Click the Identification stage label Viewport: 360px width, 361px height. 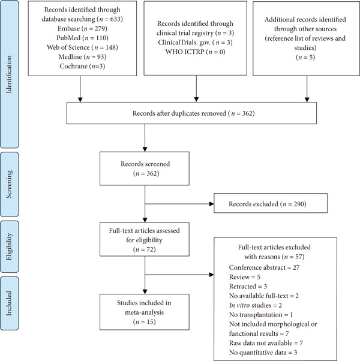tap(9, 74)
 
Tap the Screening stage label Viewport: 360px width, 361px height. tap(9, 184)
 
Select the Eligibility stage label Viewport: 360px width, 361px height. tap(9, 246)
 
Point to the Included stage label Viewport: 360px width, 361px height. tap(9, 303)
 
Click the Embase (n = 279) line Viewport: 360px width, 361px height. tap(82, 28)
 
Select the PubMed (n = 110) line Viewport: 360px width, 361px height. tap(82, 38)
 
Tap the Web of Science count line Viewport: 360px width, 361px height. tap(82, 47)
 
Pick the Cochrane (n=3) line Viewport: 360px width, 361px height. tap(82, 66)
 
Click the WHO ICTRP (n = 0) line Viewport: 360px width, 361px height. tap(196, 52)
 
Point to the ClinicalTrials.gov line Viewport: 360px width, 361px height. tap(196, 42)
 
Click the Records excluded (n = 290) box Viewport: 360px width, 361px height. tap(271, 203)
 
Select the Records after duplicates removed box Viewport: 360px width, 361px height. tap(191, 113)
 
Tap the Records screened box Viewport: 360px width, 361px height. tap(145, 169)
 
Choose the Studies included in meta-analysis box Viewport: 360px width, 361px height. tap(145, 312)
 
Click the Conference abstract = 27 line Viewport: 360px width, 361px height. tap(264, 267)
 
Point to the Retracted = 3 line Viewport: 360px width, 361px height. tap(248, 286)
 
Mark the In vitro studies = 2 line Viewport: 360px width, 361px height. tap(256, 305)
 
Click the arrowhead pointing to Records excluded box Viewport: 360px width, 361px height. tap(211, 204)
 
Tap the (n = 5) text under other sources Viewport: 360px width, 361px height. tap(305, 57)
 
